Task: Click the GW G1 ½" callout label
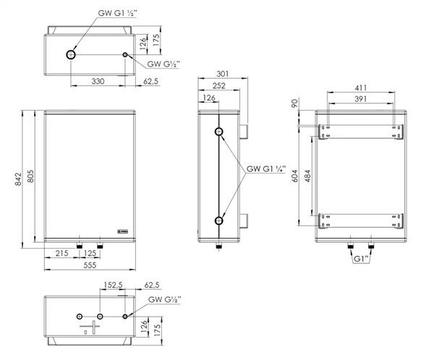click(117, 13)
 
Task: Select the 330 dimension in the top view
click(98, 81)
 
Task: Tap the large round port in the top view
click(71, 55)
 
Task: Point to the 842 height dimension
click(18, 179)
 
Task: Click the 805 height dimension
click(30, 176)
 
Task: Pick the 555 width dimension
click(90, 265)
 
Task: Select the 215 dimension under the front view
click(61, 253)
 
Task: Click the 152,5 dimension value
click(113, 285)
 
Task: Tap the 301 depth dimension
click(223, 74)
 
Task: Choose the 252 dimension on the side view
click(219, 86)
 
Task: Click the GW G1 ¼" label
click(266, 168)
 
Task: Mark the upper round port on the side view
click(219, 132)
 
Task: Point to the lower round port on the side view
click(219, 220)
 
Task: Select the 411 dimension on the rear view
click(361, 87)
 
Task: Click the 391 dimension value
click(361, 99)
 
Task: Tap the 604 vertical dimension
click(295, 176)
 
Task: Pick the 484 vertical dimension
click(307, 176)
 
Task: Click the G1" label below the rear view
click(361, 259)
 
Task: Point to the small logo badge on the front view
click(122, 231)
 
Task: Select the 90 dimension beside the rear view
click(295, 103)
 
